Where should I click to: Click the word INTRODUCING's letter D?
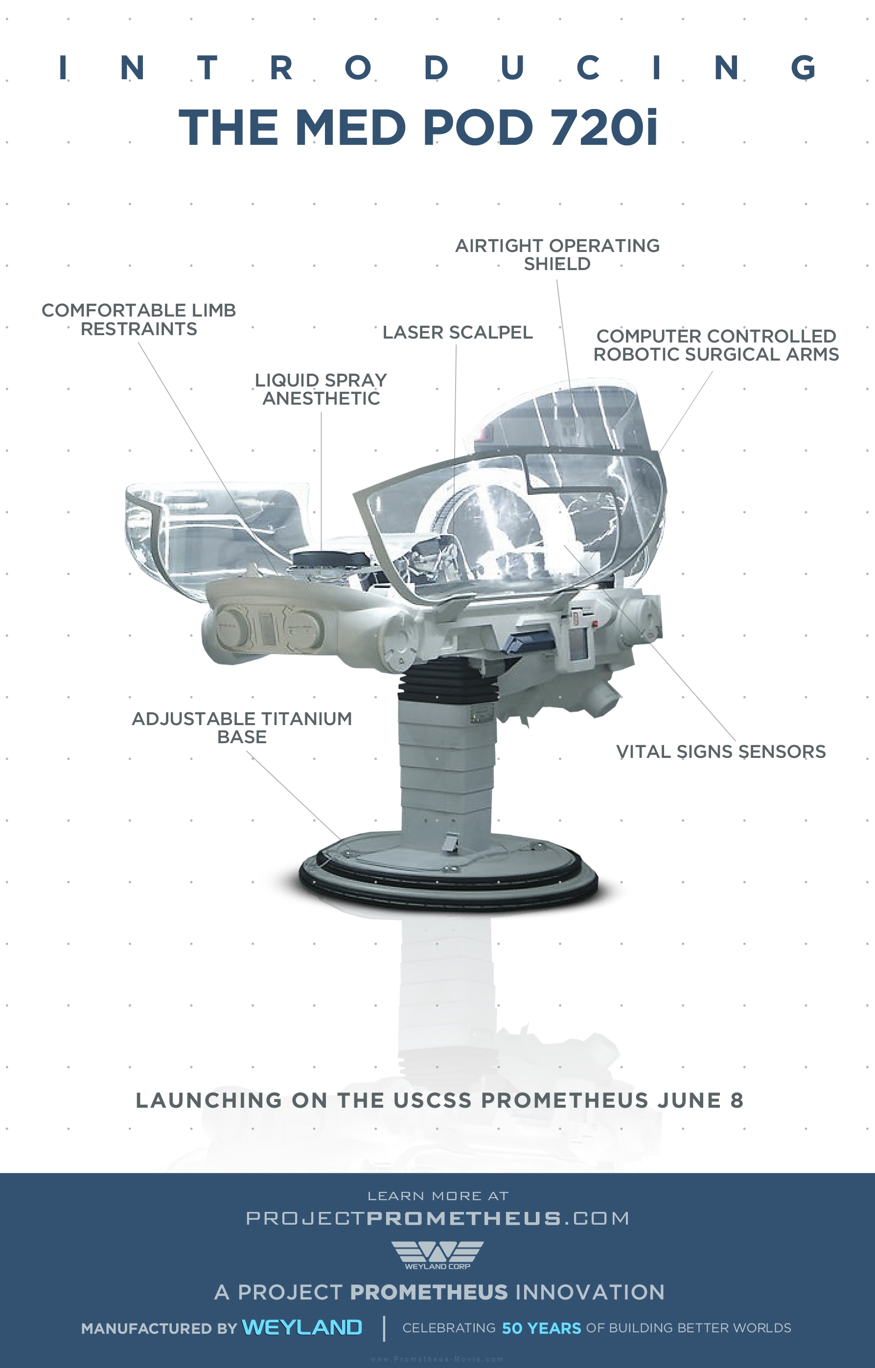[436, 68]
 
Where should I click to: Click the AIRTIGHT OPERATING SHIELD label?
[557, 254]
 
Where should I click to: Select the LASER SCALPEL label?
[458, 332]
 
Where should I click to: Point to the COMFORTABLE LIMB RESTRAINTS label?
[138, 319]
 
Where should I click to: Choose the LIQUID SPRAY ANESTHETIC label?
[321, 389]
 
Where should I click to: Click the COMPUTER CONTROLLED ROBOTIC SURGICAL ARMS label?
[716, 345]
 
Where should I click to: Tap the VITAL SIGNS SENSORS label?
[721, 752]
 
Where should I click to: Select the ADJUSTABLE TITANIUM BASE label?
[242, 728]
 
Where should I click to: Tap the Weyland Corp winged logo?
[437, 1254]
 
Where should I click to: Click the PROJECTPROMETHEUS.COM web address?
[437, 1218]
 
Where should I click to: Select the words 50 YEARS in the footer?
[541, 1328]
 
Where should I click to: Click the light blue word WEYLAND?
[302, 1327]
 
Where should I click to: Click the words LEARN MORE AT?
[438, 1196]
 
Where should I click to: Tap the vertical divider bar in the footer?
[384, 1328]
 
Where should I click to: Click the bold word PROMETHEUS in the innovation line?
[429, 1293]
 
